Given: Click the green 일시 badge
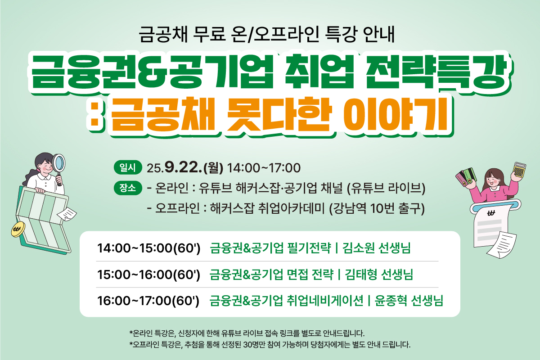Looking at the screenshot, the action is click(128, 167).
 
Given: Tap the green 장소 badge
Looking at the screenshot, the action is click(128, 188).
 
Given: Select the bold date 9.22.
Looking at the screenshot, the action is click(183, 167).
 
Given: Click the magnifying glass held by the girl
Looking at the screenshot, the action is click(58, 167).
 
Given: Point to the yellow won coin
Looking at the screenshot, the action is click(18, 229).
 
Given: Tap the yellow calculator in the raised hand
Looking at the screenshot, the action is click(519, 171).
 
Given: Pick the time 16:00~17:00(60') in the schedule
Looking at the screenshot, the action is click(148, 301).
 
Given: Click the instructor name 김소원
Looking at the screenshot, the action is click(358, 248).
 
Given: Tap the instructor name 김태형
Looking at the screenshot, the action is click(361, 274).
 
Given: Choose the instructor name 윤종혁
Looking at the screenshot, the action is click(391, 301).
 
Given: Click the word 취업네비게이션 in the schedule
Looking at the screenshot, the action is click(325, 301).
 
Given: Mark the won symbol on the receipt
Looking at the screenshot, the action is click(491, 213).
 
